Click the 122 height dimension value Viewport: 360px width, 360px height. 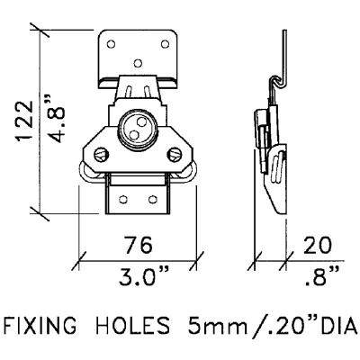tap(24, 121)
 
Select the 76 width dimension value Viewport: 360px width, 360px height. tap(138, 245)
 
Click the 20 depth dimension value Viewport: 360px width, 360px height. tap(317, 245)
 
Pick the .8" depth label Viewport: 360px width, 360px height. tap(322, 277)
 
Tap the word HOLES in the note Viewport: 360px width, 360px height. tap(132, 325)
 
